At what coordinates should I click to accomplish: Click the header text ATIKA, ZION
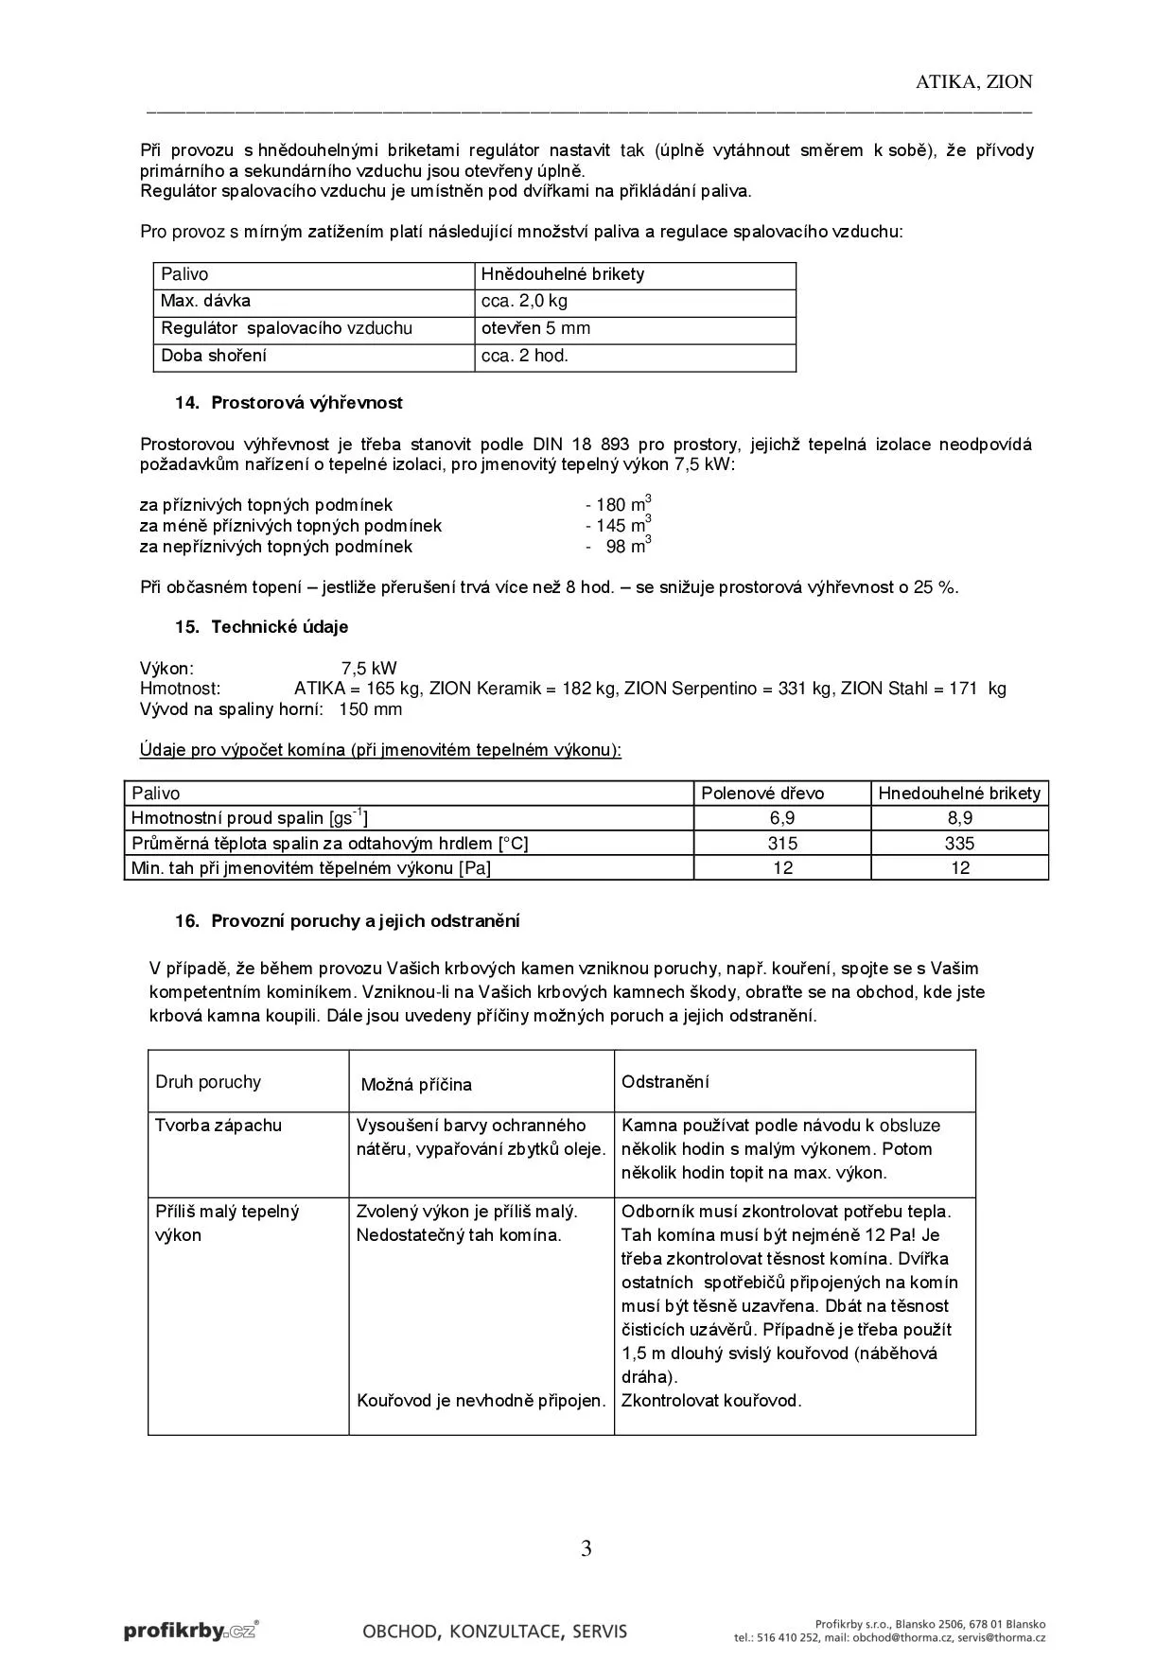tap(973, 82)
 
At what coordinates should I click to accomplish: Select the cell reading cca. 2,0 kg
tap(524, 302)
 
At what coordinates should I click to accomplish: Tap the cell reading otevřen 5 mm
tap(535, 329)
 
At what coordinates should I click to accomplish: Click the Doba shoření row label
tap(214, 356)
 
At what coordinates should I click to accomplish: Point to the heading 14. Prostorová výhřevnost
tap(289, 403)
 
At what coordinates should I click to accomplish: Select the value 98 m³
tap(628, 547)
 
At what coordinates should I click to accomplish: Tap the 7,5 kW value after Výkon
tap(369, 669)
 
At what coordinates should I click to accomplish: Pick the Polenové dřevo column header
tap(762, 794)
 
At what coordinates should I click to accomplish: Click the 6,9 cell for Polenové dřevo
tap(782, 818)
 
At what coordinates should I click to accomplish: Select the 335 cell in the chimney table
tap(959, 844)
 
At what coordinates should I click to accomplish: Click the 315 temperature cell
tap(782, 844)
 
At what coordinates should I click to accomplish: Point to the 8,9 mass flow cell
tap(959, 818)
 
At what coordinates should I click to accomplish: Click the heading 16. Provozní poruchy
tap(346, 921)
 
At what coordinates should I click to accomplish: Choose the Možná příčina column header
tap(416, 1085)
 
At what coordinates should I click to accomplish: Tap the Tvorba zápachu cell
tap(219, 1126)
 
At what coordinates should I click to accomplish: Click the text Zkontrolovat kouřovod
tap(711, 1401)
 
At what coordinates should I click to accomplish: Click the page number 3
tap(586, 1549)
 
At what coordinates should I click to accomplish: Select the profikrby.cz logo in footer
tap(190, 1630)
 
